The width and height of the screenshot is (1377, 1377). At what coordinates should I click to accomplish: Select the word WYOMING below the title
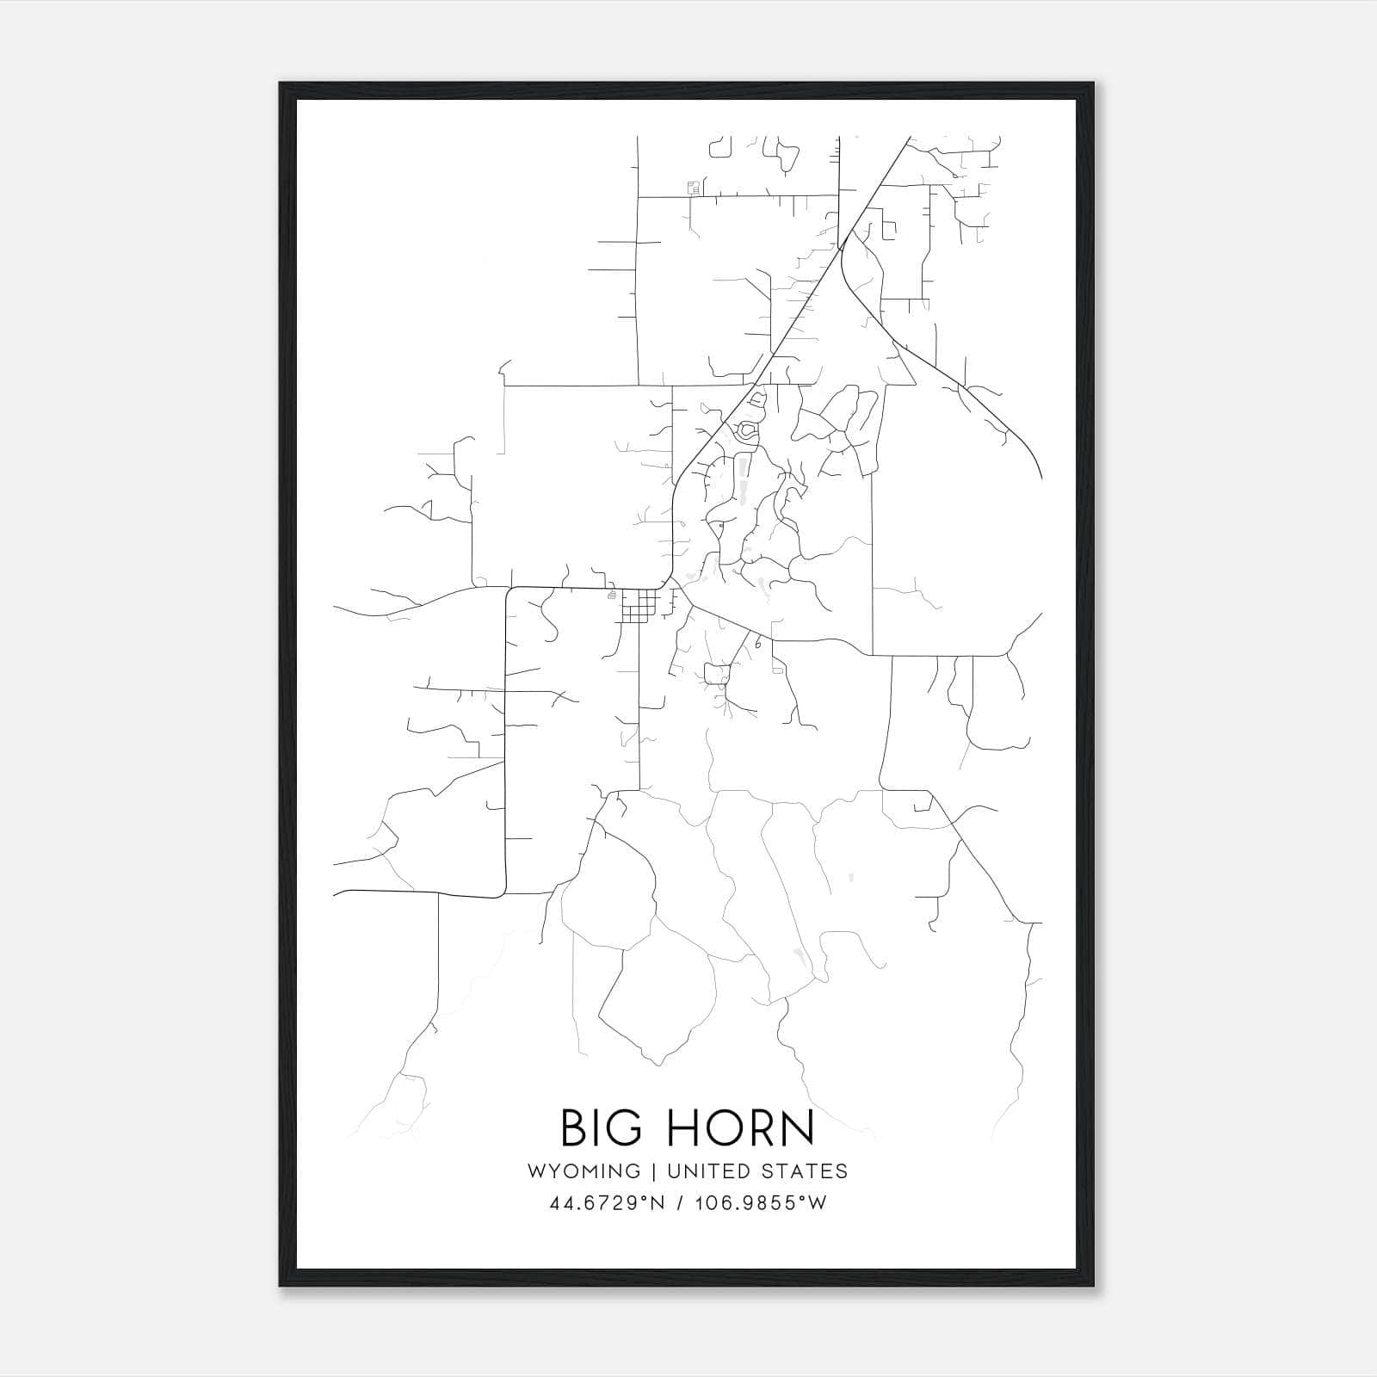[584, 1171]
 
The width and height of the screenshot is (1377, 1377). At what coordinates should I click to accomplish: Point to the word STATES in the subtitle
[806, 1171]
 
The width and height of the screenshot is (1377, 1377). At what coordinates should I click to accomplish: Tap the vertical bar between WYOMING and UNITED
[653, 1171]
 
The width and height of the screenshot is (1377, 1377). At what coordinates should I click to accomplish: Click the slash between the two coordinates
[682, 1203]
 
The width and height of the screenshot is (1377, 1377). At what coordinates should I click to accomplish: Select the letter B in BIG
[573, 1128]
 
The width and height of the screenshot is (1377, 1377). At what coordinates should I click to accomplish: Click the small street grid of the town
[638, 607]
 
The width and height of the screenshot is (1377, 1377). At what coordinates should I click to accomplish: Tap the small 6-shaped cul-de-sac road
[758, 642]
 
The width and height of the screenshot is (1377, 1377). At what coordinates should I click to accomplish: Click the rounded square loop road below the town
[717, 674]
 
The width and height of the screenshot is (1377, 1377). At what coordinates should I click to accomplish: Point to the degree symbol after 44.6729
[642, 1197]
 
